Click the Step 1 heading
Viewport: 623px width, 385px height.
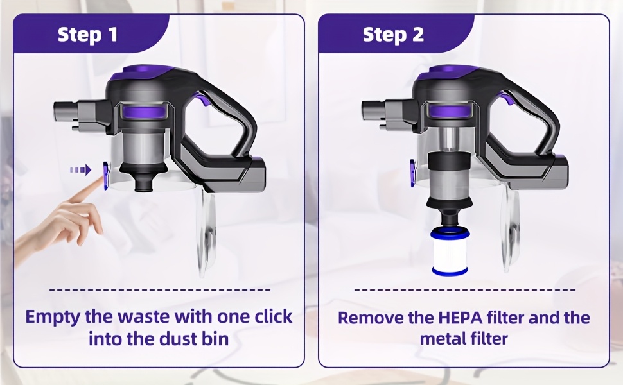pos(88,35)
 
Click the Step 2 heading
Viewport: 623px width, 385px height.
pos(393,35)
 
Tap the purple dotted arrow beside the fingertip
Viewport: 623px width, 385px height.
pos(81,170)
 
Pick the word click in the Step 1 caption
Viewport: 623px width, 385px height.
pos(274,316)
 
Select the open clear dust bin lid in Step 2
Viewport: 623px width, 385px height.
pos(511,230)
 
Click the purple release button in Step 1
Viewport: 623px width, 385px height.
pos(107,175)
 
